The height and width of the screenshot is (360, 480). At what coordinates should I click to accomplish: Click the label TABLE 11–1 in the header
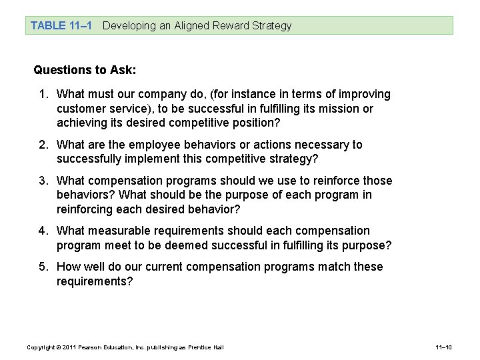[58, 26]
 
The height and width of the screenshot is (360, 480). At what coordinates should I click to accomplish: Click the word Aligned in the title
[191, 26]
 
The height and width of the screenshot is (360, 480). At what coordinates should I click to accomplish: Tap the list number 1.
[43, 95]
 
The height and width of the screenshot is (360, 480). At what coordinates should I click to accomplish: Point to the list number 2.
[43, 145]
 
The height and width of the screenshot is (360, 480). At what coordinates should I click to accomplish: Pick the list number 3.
[43, 181]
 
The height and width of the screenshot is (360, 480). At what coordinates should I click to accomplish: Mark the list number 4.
[43, 231]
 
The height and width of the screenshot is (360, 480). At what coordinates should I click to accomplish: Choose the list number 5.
[43, 267]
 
